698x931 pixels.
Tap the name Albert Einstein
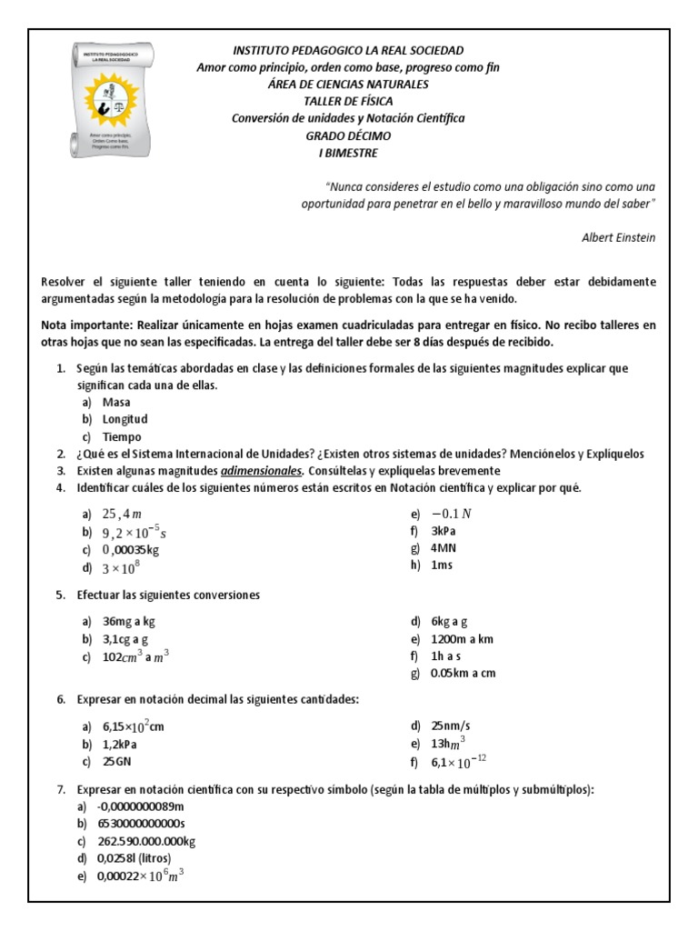pyautogui.click(x=618, y=237)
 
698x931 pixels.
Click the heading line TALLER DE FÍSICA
pyautogui.click(x=348, y=101)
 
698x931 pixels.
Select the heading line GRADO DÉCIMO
pyautogui.click(x=348, y=135)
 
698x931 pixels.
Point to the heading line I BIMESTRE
pyautogui.click(x=348, y=153)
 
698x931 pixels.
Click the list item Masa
pyautogui.click(x=116, y=402)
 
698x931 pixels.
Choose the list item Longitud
pyautogui.click(x=125, y=419)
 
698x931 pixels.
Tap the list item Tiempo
pyautogui.click(x=122, y=436)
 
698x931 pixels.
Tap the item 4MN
pyautogui.click(x=444, y=548)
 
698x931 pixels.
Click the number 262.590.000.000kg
pyautogui.click(x=149, y=841)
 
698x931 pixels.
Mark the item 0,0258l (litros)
pyautogui.click(x=134, y=858)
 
